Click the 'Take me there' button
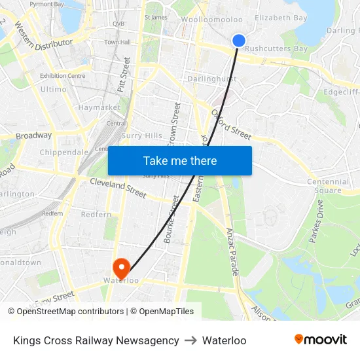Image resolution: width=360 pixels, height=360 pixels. point(180,160)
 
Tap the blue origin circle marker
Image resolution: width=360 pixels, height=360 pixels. point(239,41)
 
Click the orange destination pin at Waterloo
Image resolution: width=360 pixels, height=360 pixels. point(121,267)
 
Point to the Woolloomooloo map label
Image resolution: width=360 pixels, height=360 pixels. point(212,20)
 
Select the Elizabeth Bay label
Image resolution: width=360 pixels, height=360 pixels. point(281,18)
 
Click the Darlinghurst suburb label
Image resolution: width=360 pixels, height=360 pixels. point(211,79)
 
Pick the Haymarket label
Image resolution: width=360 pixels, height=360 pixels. point(99,107)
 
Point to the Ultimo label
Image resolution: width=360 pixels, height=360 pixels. point(53,89)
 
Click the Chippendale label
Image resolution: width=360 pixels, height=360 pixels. point(64,152)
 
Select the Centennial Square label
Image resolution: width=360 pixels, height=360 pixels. point(328,186)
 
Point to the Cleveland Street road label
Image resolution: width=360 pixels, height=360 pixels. point(118,188)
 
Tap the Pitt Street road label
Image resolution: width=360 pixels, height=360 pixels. point(125,73)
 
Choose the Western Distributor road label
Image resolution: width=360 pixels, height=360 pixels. point(43,42)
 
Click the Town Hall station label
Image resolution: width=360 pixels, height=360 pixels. point(117,43)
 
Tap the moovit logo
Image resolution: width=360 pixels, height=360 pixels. point(321,340)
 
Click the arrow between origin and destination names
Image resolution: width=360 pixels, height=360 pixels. point(190,340)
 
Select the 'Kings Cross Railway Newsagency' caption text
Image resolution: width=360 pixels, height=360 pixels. point(96,340)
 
